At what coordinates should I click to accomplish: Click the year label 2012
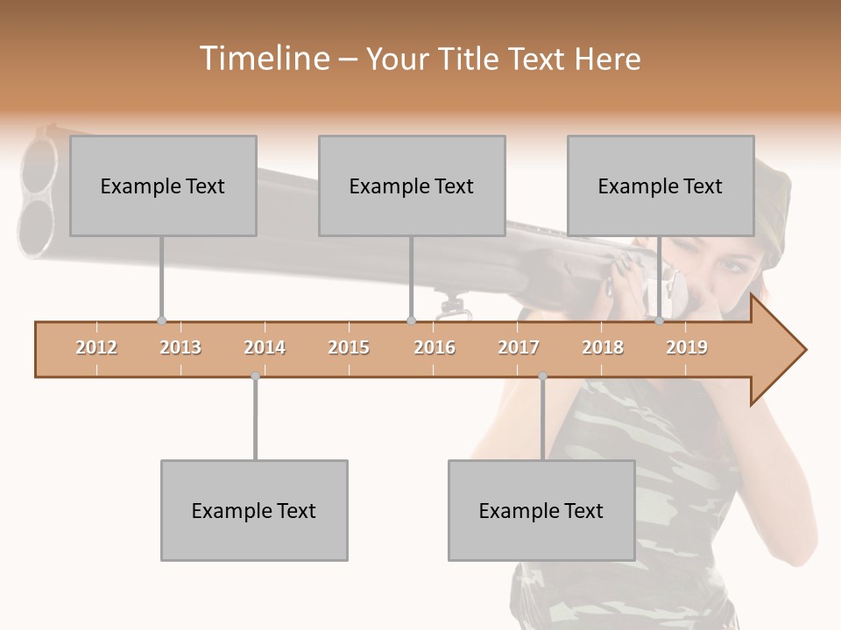pyautogui.click(x=96, y=347)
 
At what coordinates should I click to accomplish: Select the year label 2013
pyautogui.click(x=180, y=347)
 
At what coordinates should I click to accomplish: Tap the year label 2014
pyautogui.click(x=265, y=347)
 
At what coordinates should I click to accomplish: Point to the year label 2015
pyautogui.click(x=349, y=347)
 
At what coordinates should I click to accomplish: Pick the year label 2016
pyautogui.click(x=435, y=347)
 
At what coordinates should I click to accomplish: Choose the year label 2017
pyautogui.click(x=519, y=347)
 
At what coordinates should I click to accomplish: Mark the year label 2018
pyautogui.click(x=603, y=347)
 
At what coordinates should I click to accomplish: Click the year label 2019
pyautogui.click(x=687, y=347)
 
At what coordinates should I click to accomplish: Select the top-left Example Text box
pyautogui.click(x=163, y=185)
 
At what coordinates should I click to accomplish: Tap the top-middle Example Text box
pyautogui.click(x=412, y=185)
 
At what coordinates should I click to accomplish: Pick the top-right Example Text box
pyautogui.click(x=661, y=185)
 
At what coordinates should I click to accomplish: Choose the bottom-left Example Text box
pyautogui.click(x=254, y=510)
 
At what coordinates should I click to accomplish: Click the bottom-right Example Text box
pyautogui.click(x=541, y=510)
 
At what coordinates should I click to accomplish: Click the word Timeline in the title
pyautogui.click(x=263, y=59)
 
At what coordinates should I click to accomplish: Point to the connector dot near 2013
pyautogui.click(x=161, y=321)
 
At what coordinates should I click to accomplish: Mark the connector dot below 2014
pyautogui.click(x=255, y=376)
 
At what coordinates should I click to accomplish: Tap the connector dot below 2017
pyautogui.click(x=542, y=376)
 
